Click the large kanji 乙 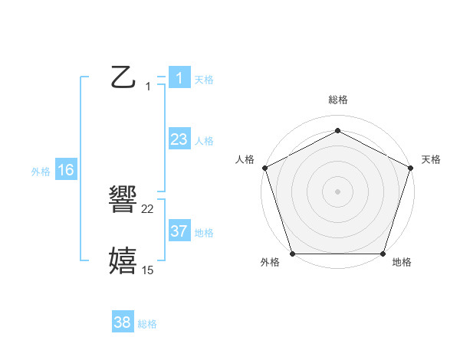(x=123, y=77)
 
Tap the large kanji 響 (x=123, y=201)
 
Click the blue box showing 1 (x=179, y=77)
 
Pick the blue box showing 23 (x=179, y=139)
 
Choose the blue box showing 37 (x=179, y=231)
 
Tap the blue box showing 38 (x=123, y=322)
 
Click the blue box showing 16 (x=65, y=170)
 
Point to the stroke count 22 (x=148, y=209)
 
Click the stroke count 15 (x=148, y=270)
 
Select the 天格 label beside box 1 (x=204, y=79)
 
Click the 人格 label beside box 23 (x=204, y=140)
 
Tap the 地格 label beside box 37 (x=204, y=232)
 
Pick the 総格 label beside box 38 (x=147, y=324)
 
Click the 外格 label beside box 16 (x=41, y=172)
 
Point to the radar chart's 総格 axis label (x=337, y=100)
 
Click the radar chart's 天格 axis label (x=431, y=159)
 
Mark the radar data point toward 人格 (x=264, y=167)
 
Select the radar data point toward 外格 (x=292, y=254)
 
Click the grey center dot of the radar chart (x=337, y=191)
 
